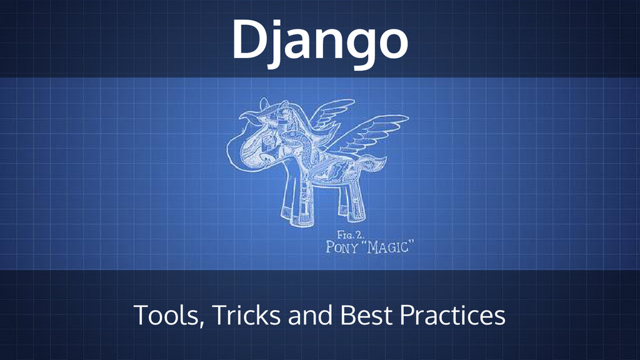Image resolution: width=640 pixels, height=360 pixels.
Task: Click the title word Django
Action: pyautogui.click(x=319, y=39)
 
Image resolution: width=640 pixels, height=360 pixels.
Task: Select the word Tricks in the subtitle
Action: pyautogui.click(x=246, y=316)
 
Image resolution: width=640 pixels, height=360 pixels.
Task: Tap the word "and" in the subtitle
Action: pyautogui.click(x=311, y=316)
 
